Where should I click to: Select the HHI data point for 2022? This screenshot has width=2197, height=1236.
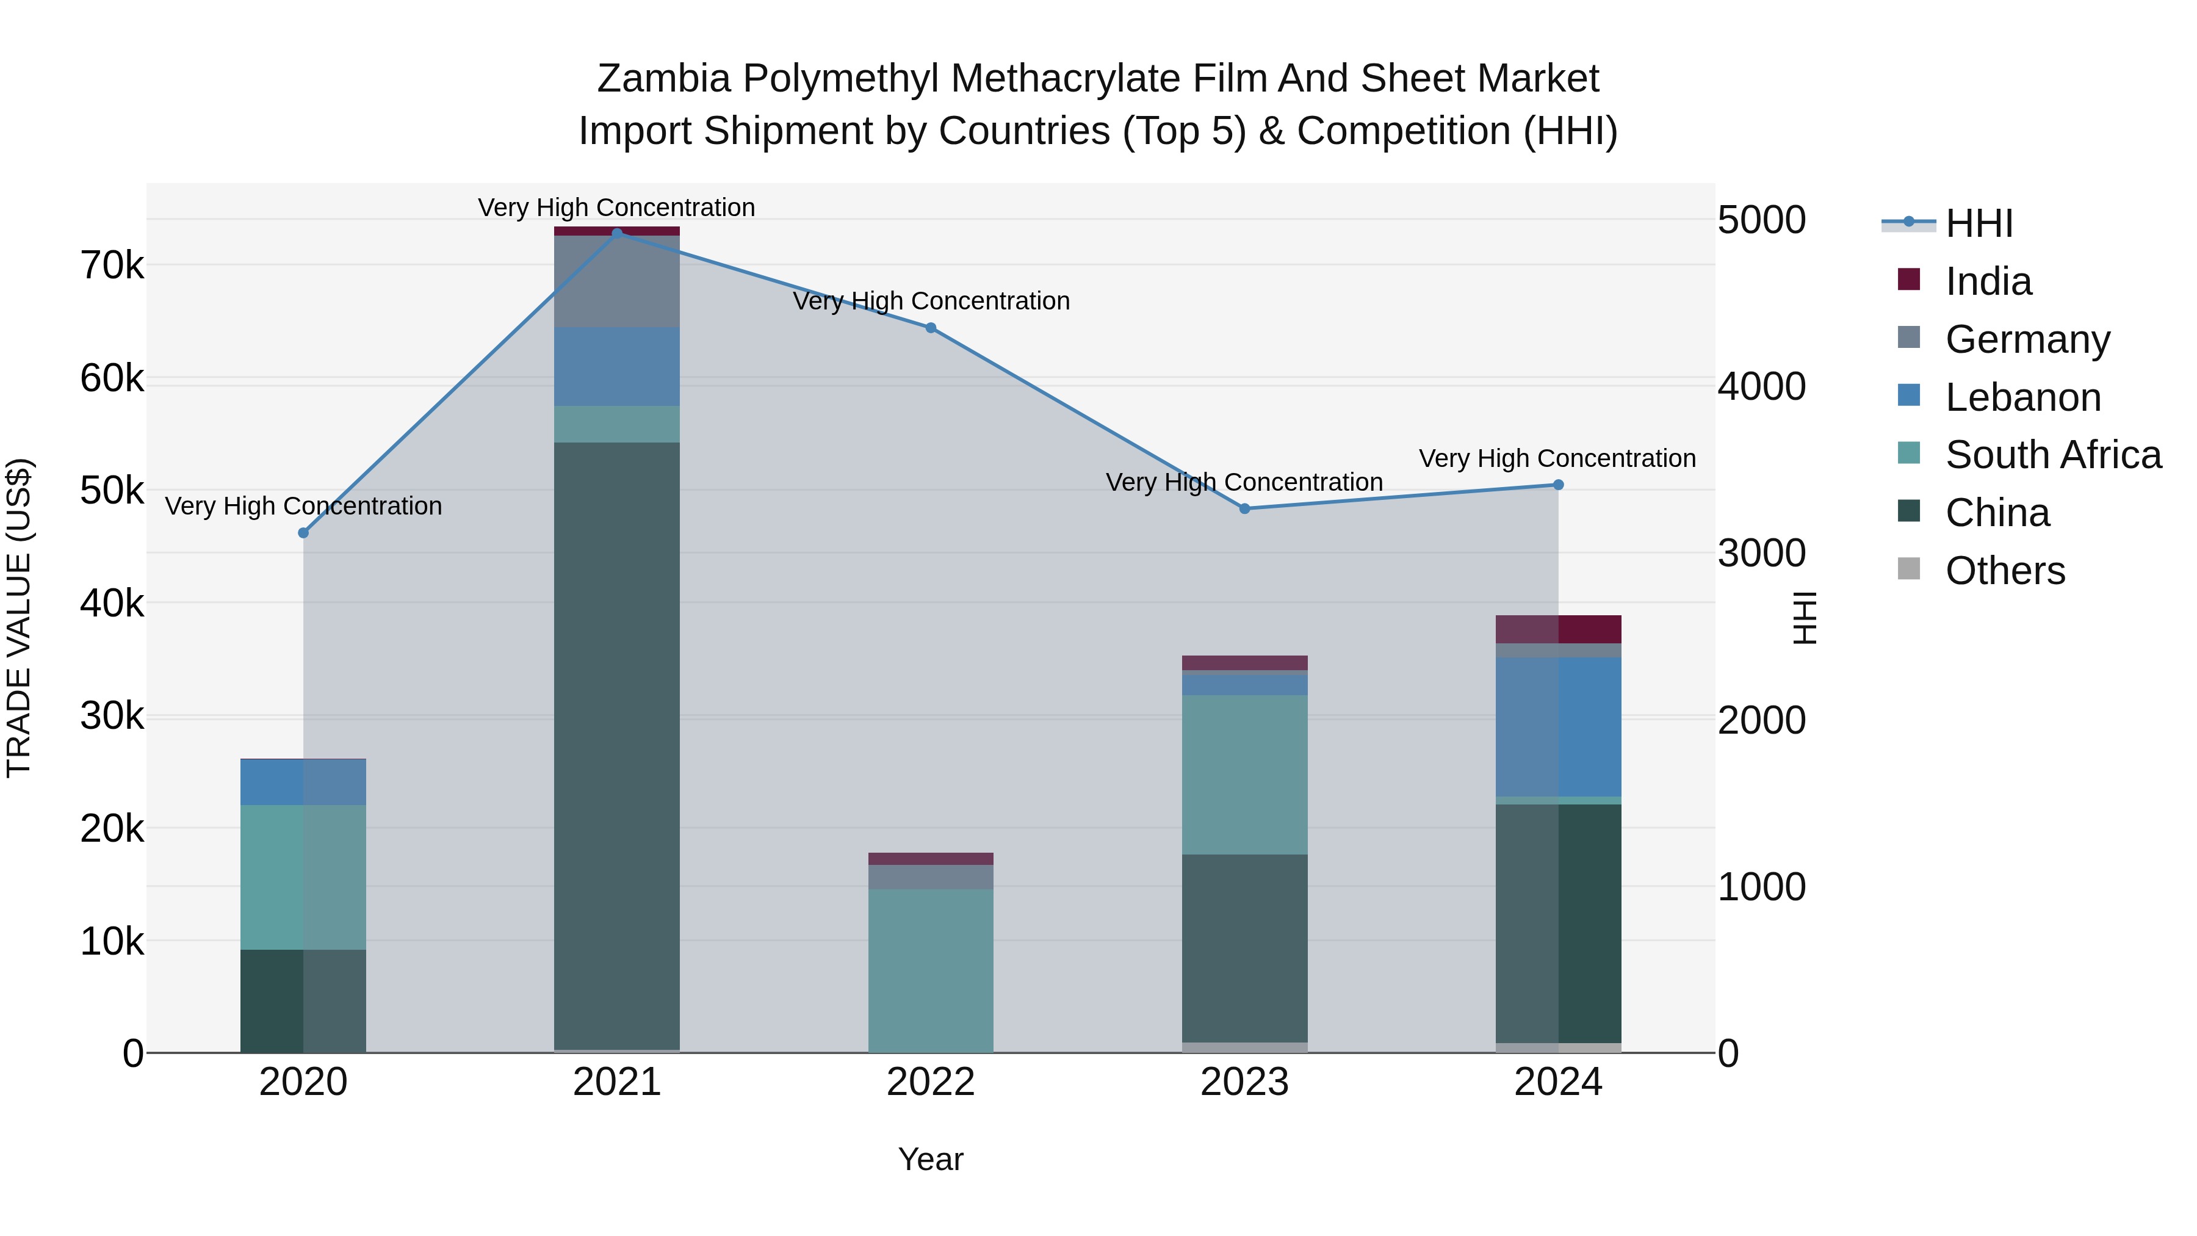[931, 328]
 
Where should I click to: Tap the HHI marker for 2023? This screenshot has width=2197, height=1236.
[1244, 508]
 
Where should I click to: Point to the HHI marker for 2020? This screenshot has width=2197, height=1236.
[304, 533]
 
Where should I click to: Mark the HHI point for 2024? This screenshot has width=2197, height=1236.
[1558, 485]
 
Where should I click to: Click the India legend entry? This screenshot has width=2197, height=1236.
[1988, 281]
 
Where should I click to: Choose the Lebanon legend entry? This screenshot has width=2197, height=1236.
[2022, 397]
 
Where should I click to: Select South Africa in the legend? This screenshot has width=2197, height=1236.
[2053, 455]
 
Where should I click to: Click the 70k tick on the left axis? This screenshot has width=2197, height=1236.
[112, 266]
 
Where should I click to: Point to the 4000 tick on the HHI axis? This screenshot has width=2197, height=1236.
[1761, 386]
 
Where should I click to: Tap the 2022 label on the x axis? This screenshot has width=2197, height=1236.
[931, 1082]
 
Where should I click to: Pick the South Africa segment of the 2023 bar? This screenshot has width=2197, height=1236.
[1244, 774]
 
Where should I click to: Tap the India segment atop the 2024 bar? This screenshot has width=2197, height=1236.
[1558, 629]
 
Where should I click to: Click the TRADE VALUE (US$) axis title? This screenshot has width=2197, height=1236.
[19, 618]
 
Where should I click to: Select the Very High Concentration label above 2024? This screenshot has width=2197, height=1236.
[1557, 459]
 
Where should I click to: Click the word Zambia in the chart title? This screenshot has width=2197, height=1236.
[663, 79]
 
